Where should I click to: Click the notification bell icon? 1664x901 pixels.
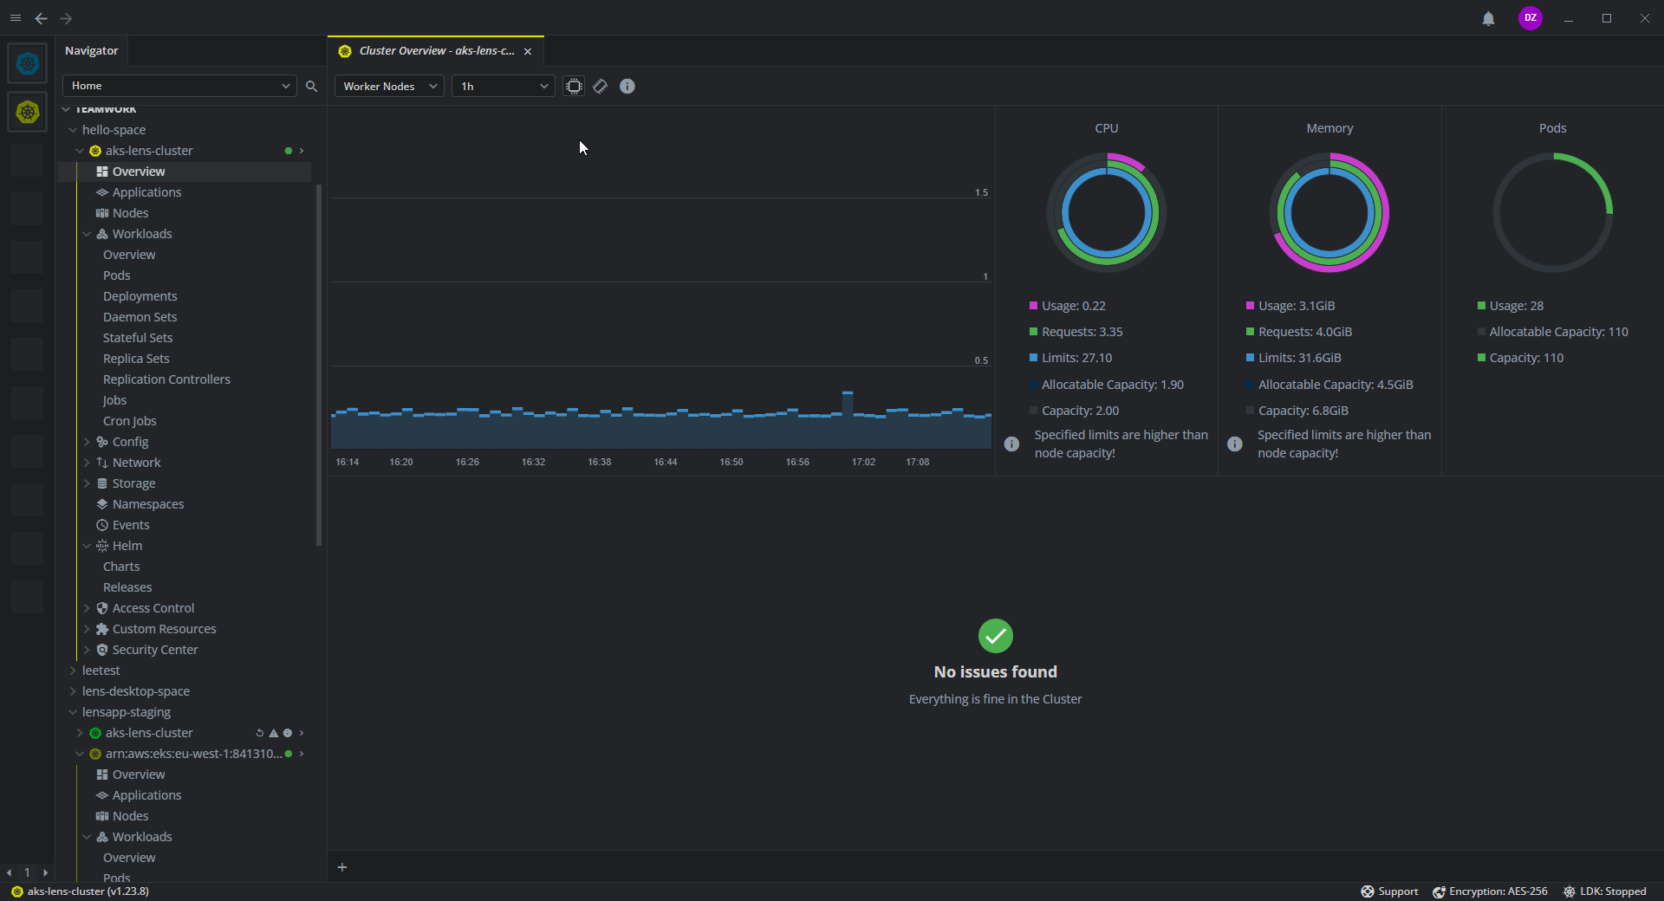(x=1488, y=18)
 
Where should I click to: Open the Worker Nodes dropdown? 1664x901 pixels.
(x=389, y=86)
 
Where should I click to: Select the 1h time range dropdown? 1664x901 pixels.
(x=503, y=86)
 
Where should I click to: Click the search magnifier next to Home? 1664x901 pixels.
(x=312, y=86)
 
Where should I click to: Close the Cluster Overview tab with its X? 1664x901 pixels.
(x=528, y=51)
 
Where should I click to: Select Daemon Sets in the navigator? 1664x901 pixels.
(x=140, y=317)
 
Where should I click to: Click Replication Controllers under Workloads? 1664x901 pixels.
(x=166, y=379)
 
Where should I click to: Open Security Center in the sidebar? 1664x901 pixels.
(x=155, y=650)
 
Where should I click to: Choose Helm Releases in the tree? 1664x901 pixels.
(x=127, y=587)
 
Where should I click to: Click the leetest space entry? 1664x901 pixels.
(x=101, y=671)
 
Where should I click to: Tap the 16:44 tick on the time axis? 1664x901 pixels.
(x=666, y=462)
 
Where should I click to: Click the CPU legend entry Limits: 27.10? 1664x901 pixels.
(x=1076, y=358)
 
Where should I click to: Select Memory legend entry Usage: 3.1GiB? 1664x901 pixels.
(x=1297, y=306)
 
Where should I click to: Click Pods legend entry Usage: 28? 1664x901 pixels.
(x=1516, y=306)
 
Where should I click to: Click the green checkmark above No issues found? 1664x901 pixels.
(x=995, y=636)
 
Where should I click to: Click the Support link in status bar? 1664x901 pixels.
(x=1397, y=891)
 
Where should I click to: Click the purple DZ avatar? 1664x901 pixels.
(x=1530, y=18)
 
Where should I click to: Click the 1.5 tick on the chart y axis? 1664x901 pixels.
(x=981, y=192)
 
